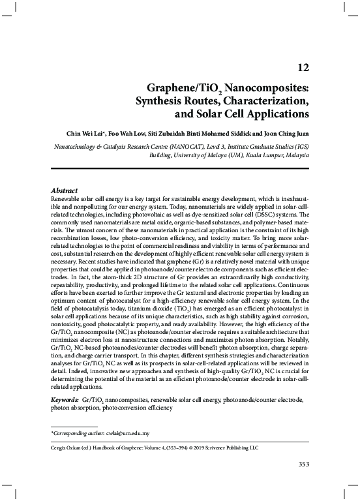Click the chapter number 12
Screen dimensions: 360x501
[303, 67]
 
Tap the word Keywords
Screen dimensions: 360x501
[65, 399]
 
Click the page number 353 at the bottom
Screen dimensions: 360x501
[303, 464]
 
